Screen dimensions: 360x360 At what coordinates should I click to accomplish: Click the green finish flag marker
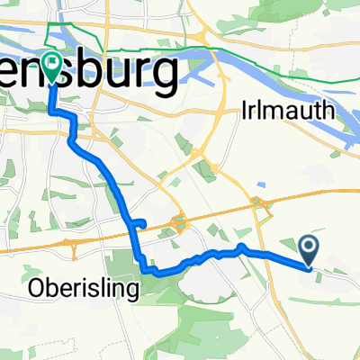pyautogui.click(x=51, y=66)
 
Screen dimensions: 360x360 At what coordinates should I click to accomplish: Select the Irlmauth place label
pyautogui.click(x=287, y=111)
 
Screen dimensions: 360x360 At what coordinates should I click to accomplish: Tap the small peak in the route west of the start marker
pyautogui.click(x=241, y=247)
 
